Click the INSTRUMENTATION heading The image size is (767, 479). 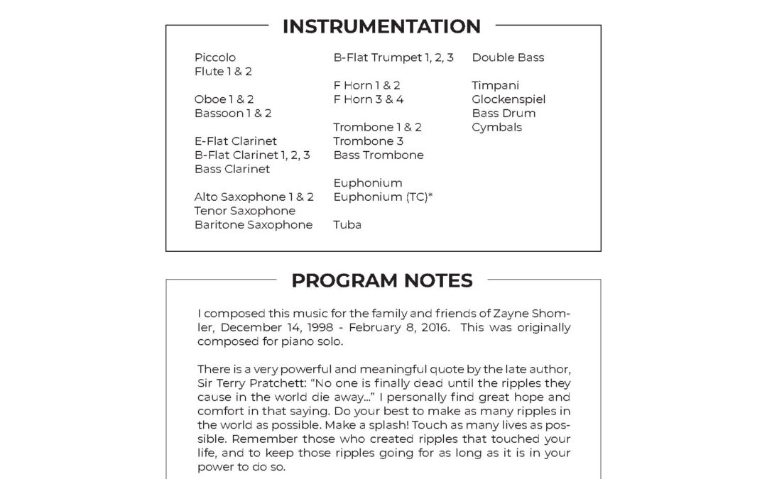(381, 26)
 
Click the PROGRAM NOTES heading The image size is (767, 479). (381, 281)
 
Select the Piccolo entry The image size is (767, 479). (215, 57)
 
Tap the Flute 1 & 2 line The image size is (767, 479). (223, 72)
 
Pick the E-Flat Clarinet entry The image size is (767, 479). (236, 141)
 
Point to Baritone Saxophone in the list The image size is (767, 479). (254, 225)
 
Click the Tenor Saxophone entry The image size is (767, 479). (245, 211)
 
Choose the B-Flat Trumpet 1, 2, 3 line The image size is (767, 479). (393, 57)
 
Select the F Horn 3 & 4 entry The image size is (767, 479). (369, 99)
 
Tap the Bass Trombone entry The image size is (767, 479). (379, 155)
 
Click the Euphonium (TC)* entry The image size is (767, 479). (383, 197)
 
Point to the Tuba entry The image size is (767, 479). (347, 225)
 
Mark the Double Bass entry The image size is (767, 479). (508, 57)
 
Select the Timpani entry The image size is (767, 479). (496, 85)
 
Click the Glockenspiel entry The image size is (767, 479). (508, 99)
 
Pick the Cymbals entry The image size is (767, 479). (497, 127)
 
